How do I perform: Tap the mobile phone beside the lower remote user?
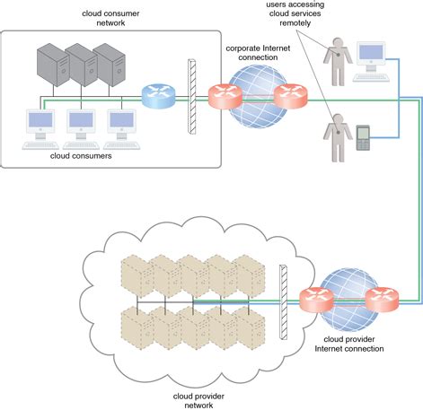pos(362,138)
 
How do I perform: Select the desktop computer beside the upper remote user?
pos(370,56)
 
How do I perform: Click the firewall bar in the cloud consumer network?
pos(191,96)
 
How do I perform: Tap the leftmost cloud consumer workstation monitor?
pos(42,121)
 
